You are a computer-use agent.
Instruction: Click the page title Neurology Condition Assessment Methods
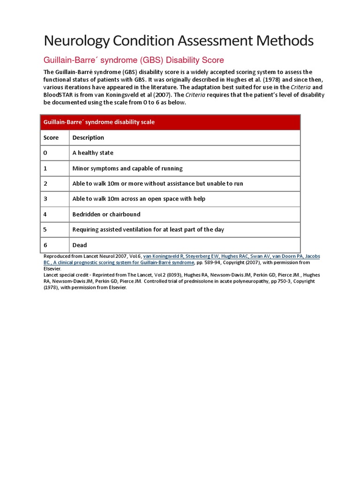pyautogui.click(x=179, y=41)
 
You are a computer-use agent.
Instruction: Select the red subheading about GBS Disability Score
pyautogui.click(x=134, y=60)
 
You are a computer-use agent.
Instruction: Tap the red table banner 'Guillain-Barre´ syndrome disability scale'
pyautogui.click(x=99, y=122)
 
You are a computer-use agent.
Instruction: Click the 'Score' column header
pyautogui.click(x=51, y=138)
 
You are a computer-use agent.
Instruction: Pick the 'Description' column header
pyautogui.click(x=88, y=138)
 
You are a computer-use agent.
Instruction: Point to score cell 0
pyautogui.click(x=45, y=153)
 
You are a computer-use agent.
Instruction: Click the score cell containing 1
pyautogui.click(x=45, y=168)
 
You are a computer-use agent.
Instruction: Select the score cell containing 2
pyautogui.click(x=45, y=184)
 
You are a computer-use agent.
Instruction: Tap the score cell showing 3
pyautogui.click(x=45, y=199)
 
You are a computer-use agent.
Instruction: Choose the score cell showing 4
pyautogui.click(x=45, y=214)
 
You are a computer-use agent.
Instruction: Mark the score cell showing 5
pyautogui.click(x=45, y=230)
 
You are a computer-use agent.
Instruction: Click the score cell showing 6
pyautogui.click(x=45, y=245)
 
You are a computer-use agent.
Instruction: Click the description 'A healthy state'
pyautogui.click(x=93, y=153)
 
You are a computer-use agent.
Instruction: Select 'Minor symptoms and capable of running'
pyautogui.click(x=127, y=168)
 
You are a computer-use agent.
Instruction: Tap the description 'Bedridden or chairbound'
pyautogui.click(x=106, y=214)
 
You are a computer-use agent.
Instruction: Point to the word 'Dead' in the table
pyautogui.click(x=80, y=245)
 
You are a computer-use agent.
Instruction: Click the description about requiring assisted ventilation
pyautogui.click(x=148, y=230)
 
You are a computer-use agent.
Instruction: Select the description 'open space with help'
pyautogui.click(x=139, y=199)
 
